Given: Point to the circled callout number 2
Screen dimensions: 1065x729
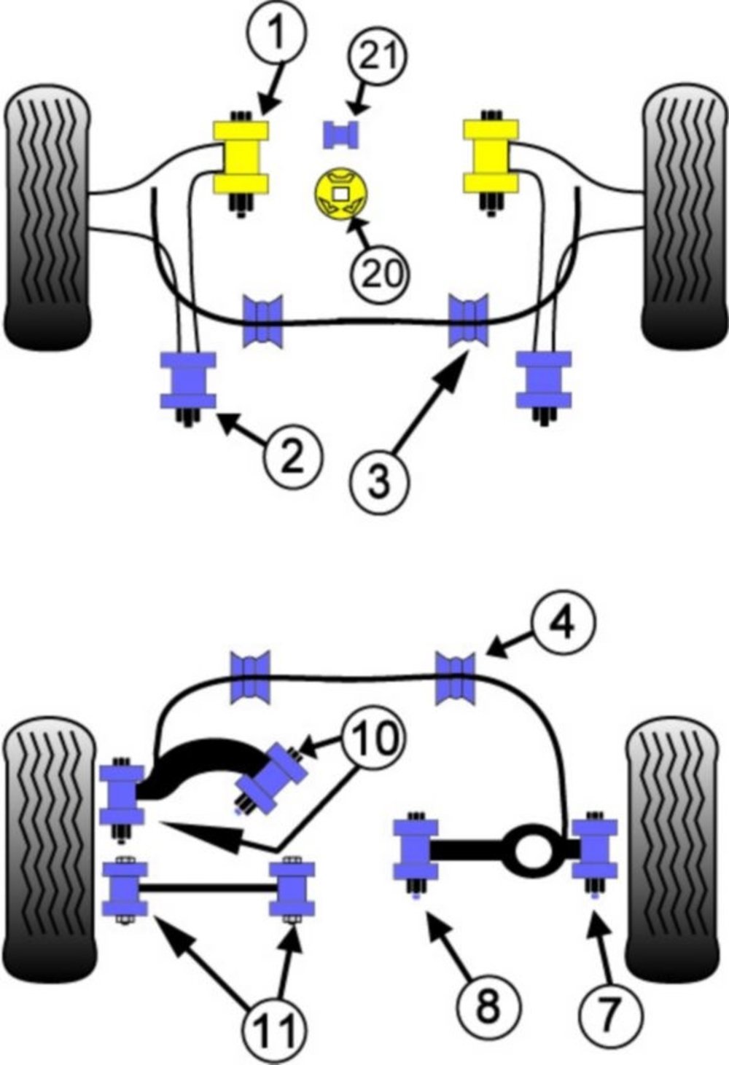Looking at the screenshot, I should click(x=292, y=457).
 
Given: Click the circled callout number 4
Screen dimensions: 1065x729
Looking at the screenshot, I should click(x=563, y=624).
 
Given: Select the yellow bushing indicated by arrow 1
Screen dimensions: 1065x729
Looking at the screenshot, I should click(x=240, y=157).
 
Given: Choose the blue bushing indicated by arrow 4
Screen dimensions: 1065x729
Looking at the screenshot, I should click(x=456, y=679).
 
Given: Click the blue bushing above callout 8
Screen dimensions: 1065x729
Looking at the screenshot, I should click(x=416, y=850).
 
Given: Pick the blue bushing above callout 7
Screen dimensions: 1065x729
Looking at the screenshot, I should click(x=594, y=849).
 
